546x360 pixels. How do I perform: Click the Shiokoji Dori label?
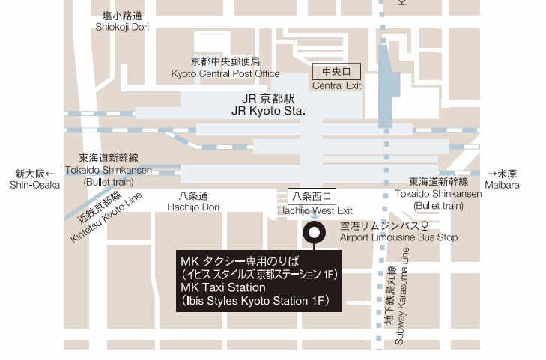[122, 27]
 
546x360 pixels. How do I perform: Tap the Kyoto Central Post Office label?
[225, 73]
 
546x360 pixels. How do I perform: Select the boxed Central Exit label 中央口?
[336, 72]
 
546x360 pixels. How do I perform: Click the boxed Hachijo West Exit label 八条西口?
[309, 197]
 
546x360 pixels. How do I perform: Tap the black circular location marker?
[313, 232]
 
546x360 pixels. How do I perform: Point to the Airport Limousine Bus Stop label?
[398, 237]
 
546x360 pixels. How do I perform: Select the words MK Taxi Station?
[223, 287]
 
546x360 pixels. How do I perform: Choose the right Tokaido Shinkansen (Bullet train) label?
[438, 193]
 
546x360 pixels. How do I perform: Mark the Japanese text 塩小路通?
[122, 15]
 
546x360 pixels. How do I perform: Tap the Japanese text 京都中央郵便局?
[225, 61]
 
